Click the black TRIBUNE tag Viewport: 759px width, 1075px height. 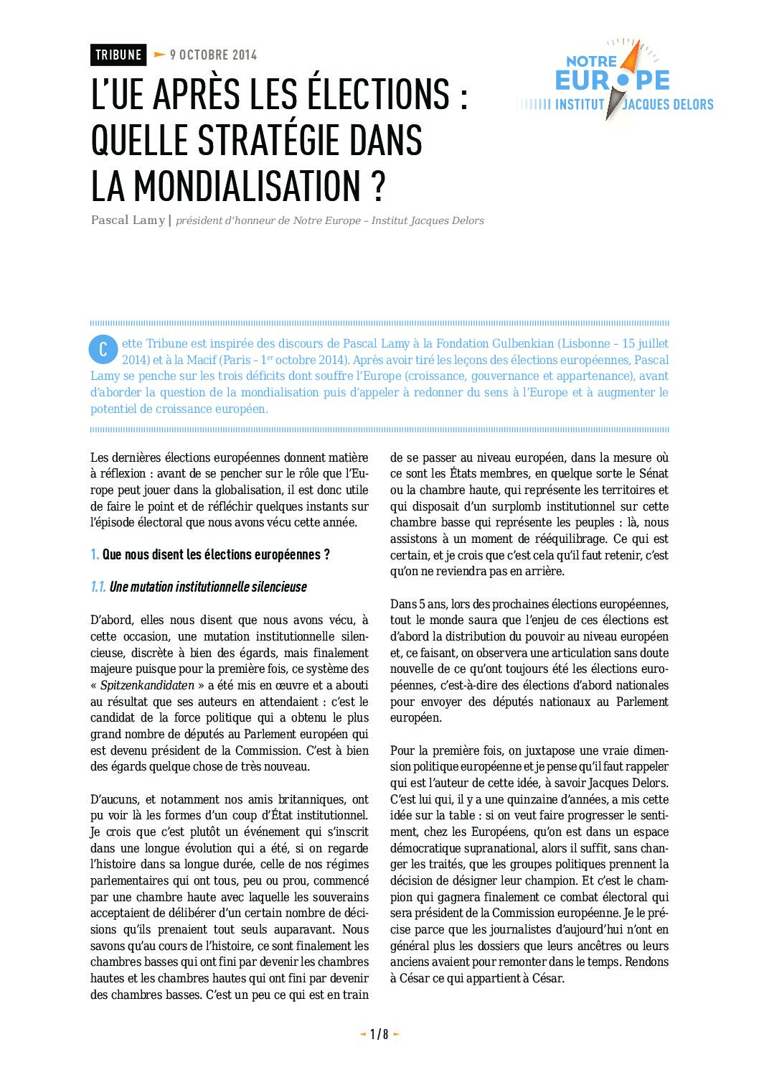click(118, 55)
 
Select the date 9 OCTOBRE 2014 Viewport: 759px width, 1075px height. click(213, 55)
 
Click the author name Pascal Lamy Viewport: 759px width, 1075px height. click(128, 220)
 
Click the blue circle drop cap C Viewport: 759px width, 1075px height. click(103, 350)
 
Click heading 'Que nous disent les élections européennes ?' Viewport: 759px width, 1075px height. click(216, 554)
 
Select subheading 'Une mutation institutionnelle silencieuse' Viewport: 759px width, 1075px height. click(208, 587)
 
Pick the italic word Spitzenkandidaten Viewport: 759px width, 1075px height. click(147, 685)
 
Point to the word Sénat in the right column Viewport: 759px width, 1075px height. click(653, 474)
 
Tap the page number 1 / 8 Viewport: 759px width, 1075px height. click(379, 1034)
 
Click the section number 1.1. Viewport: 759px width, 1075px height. click(98, 587)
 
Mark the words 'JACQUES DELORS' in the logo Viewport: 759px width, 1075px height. click(668, 105)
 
